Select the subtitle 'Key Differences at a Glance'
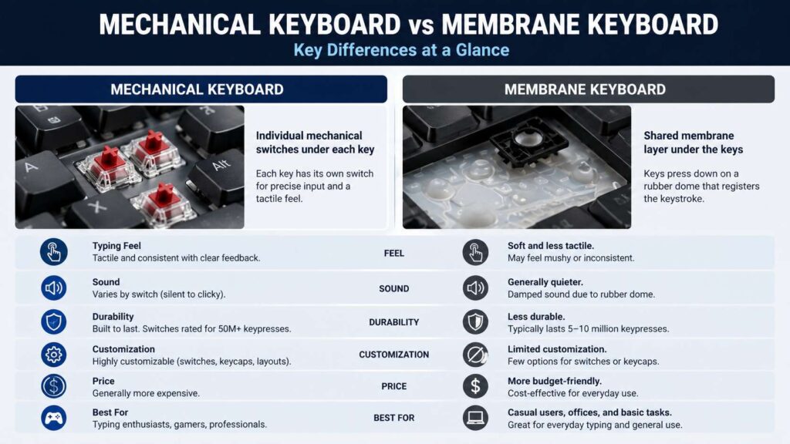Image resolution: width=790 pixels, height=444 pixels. pos(401,50)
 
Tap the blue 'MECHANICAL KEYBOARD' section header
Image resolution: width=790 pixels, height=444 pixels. pos(201,89)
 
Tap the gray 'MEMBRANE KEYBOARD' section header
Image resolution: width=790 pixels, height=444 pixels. pos(588,89)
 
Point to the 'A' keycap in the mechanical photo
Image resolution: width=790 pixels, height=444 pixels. pos(35,168)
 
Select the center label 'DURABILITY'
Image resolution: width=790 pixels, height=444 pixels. pos(393,322)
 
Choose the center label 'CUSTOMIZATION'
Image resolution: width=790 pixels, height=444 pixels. pos(393,355)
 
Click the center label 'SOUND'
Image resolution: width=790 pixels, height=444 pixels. pos(393,288)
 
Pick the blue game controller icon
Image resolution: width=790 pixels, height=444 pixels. pos(54,418)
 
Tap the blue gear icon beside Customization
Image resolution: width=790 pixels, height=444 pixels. pos(54,355)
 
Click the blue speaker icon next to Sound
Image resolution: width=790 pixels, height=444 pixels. pos(54,288)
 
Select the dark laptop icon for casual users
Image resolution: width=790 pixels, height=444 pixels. pos(475,418)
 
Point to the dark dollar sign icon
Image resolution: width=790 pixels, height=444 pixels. pos(475,385)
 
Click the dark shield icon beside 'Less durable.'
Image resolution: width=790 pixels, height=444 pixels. pos(475,321)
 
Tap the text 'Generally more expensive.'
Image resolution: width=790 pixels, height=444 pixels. pos(146,393)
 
